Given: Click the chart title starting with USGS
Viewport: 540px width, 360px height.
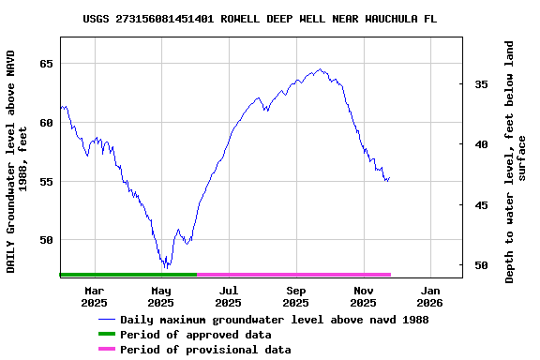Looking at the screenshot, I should coord(260,19).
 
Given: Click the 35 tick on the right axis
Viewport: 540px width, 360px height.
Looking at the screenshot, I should coord(480,84).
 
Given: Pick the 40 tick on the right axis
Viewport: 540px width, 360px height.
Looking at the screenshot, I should coord(480,144).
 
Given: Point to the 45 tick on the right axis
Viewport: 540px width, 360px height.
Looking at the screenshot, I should coord(480,205).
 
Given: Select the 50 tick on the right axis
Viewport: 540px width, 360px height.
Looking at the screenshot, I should coord(480,265).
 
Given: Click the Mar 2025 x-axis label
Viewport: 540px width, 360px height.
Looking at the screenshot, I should coord(94,296).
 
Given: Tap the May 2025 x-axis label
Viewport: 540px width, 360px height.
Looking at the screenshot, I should coord(161,296).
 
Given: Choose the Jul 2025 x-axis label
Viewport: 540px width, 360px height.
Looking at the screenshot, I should coord(228,296).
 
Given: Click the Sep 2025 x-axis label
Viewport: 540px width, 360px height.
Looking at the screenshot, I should coord(295,296).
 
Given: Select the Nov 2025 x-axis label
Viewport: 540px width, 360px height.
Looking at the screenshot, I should coord(363,296).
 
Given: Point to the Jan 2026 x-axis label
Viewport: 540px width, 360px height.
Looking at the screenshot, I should coord(429,296).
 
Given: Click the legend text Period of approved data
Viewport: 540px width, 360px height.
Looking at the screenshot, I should coord(196,335).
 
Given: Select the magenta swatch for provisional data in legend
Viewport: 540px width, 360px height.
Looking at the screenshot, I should coord(106,350).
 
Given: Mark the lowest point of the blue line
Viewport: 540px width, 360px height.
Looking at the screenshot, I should coord(166,268).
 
